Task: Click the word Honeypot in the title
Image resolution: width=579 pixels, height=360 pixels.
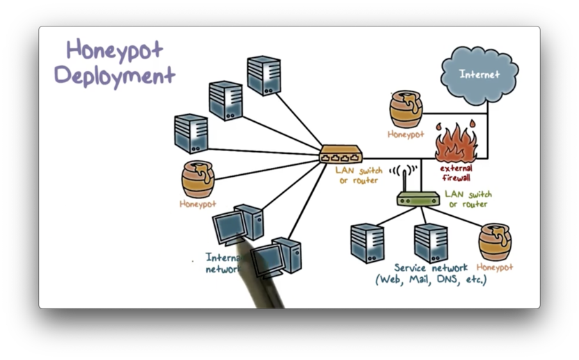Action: (115, 50)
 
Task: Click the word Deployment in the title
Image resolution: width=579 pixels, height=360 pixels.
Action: (115, 74)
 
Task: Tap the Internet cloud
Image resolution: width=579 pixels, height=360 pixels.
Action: (479, 73)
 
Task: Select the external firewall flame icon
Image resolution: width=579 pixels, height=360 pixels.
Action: (457, 143)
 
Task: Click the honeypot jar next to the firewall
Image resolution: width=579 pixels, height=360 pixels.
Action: (406, 109)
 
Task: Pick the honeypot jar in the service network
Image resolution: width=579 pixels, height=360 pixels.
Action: (495, 242)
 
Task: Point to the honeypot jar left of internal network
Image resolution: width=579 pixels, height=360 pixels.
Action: (198, 179)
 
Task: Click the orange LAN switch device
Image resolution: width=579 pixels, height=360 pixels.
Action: (341, 154)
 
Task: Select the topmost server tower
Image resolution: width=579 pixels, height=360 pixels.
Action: (264, 75)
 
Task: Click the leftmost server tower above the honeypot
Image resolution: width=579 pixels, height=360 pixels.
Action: (191, 133)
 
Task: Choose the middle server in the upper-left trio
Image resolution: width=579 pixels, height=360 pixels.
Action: (226, 101)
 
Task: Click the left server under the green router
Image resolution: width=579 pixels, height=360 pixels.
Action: (367, 242)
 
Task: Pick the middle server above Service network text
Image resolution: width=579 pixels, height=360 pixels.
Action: (431, 242)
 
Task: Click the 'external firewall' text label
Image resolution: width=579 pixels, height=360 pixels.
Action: (457, 173)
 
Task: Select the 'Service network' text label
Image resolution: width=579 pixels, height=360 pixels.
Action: (431, 267)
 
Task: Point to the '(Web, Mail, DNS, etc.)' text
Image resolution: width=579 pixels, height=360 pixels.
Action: (431, 280)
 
